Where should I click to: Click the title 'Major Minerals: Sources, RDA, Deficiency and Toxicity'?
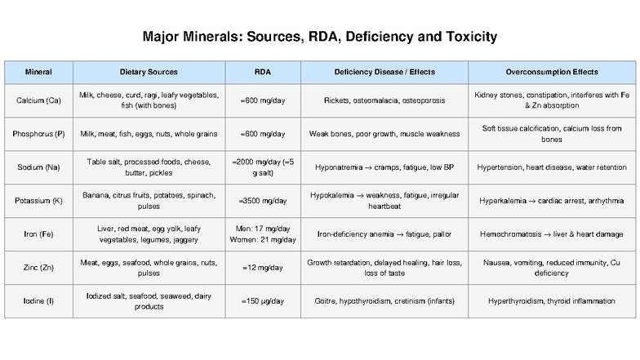[x=320, y=37]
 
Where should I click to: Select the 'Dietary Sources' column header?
[x=149, y=72]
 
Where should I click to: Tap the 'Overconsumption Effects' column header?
[x=551, y=72]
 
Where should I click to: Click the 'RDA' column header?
[x=262, y=72]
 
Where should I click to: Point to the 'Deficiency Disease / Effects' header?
[x=384, y=72]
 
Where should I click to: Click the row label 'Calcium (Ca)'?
[x=38, y=100]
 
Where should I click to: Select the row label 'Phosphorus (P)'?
[x=38, y=134]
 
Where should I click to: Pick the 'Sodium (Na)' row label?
[x=38, y=167]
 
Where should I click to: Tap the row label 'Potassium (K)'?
[x=38, y=201]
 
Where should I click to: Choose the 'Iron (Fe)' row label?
[x=38, y=234]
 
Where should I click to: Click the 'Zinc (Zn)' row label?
[x=38, y=268]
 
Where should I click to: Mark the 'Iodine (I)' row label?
[x=38, y=301]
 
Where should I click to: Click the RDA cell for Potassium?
[x=262, y=201]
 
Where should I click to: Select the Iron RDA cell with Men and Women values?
[x=262, y=234]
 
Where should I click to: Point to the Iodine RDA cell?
[x=262, y=301]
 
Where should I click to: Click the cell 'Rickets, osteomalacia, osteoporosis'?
[x=384, y=100]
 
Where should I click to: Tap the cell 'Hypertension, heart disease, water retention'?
[x=551, y=167]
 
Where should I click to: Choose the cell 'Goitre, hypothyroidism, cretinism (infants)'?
[x=384, y=301]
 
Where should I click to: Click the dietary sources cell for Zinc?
[x=149, y=268]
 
